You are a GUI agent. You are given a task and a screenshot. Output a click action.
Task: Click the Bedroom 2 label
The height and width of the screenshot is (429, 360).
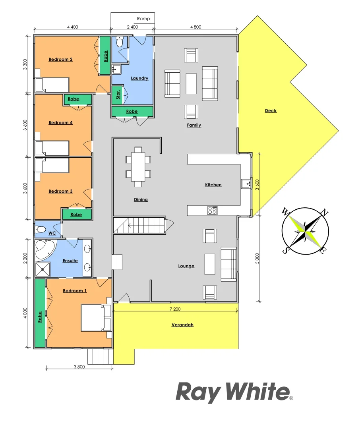pyautogui.click(x=60, y=60)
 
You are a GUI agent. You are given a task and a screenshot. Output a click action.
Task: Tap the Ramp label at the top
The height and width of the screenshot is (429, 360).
pyautogui.click(x=143, y=19)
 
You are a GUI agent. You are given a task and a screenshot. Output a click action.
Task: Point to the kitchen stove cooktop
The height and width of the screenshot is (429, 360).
pyautogui.click(x=212, y=210)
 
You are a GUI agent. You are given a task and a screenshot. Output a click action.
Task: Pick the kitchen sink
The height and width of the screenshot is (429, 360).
pyautogui.click(x=246, y=184)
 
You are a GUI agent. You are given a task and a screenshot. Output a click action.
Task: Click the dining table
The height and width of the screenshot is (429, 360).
pyautogui.click(x=138, y=166)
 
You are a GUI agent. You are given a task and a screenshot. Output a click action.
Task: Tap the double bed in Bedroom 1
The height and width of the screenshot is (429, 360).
pyautogui.click(x=96, y=317)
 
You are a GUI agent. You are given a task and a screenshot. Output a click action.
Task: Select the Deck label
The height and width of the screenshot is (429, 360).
pyautogui.click(x=271, y=111)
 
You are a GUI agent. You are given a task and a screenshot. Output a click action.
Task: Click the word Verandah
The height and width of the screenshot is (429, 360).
pyautogui.click(x=182, y=325)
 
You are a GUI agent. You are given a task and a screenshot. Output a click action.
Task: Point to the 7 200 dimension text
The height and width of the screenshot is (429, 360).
pyautogui.click(x=175, y=309)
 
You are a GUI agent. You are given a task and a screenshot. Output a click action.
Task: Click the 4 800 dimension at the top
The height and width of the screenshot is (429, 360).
pyautogui.click(x=196, y=27)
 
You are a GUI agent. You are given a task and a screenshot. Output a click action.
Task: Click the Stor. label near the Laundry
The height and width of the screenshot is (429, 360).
pyautogui.click(x=118, y=95)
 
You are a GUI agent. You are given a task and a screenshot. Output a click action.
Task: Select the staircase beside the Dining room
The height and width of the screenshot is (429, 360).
pyautogui.click(x=139, y=225)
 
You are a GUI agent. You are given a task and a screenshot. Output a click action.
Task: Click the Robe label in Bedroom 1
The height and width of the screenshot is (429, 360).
pyautogui.click(x=40, y=317)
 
